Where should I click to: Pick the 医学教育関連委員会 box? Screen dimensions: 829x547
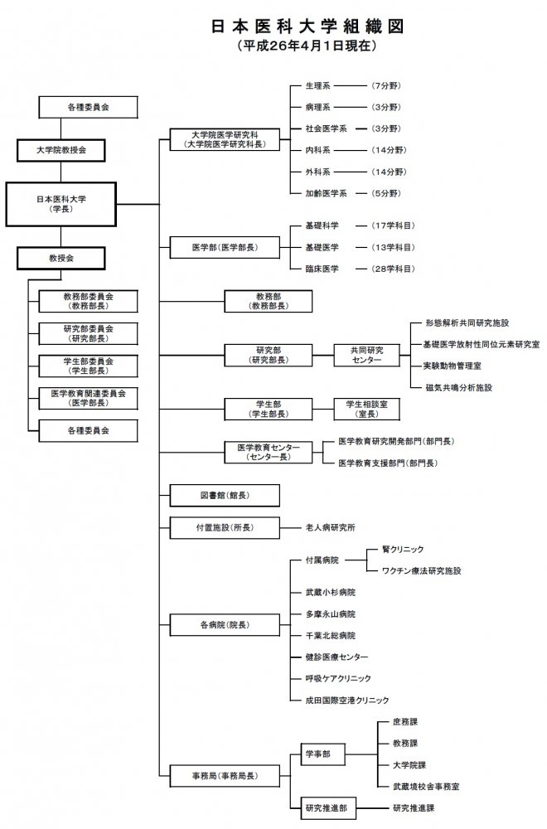89,398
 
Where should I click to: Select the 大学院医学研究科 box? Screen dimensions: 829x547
224,138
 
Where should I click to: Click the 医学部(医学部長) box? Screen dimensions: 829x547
224,247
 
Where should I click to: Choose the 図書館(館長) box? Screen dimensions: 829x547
224,495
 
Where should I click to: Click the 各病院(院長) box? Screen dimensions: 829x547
224,623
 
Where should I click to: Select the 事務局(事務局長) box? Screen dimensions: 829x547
224,776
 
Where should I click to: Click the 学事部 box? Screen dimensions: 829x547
318,754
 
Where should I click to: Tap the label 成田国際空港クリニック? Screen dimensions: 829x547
347,699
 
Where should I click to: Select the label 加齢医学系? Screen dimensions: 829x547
327,192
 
